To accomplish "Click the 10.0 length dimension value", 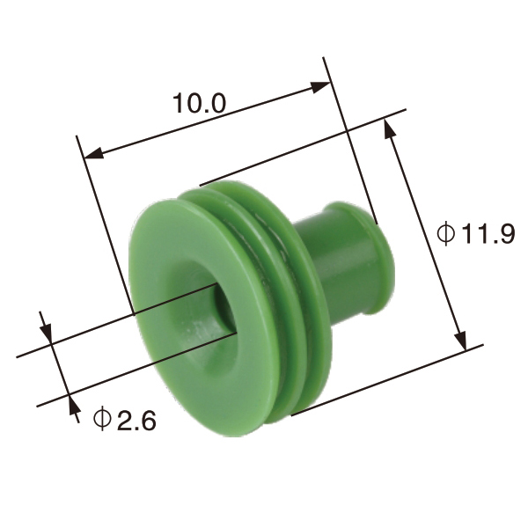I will coord(199,103).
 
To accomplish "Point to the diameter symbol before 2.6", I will coord(102,420).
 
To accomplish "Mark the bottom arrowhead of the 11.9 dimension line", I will coord(458,339).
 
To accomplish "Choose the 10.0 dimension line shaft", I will coord(207,121).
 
